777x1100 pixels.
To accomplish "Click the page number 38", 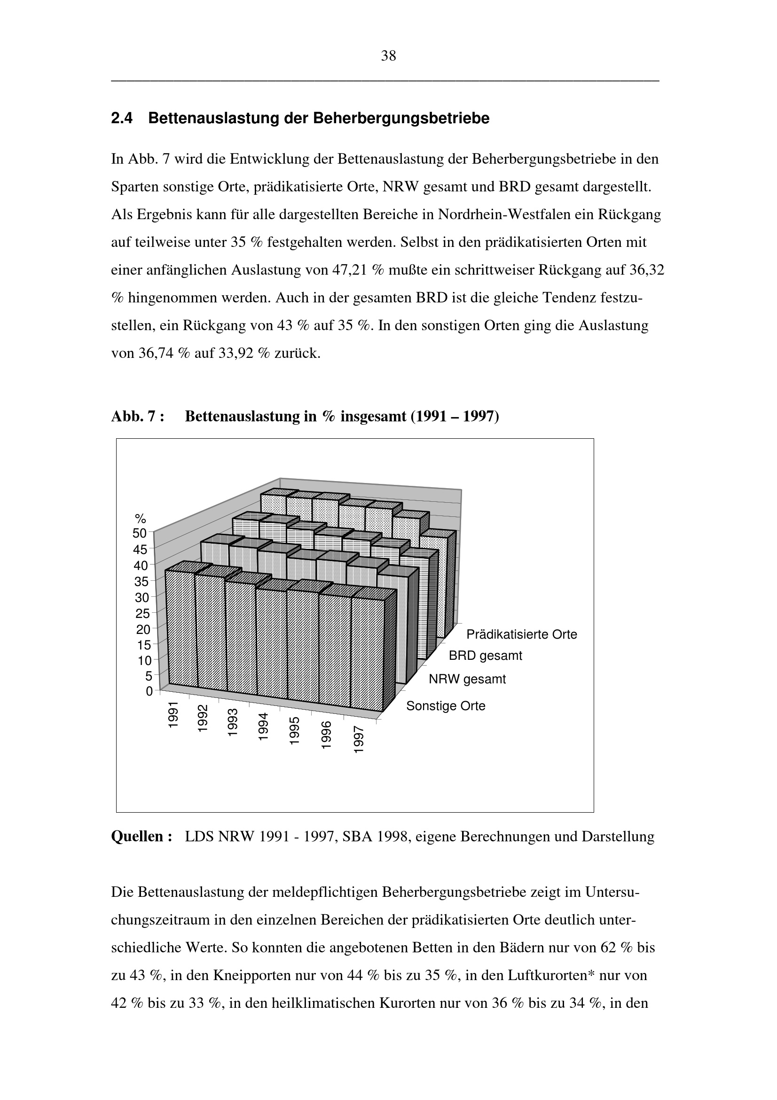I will click(388, 56).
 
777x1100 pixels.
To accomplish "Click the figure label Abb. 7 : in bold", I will click(137, 416).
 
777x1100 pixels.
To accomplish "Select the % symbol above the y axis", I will click(140, 519).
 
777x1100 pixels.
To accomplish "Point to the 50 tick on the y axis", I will click(140, 533).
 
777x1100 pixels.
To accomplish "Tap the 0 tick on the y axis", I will click(149, 691).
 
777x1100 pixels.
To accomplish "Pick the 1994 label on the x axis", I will click(263, 726).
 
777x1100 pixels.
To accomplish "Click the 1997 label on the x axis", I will click(359, 739).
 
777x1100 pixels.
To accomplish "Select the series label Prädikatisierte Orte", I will click(522, 634).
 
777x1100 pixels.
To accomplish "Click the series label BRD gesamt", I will click(486, 656).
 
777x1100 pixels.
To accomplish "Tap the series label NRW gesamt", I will click(467, 679).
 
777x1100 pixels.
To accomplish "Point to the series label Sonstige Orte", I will click(446, 706).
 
